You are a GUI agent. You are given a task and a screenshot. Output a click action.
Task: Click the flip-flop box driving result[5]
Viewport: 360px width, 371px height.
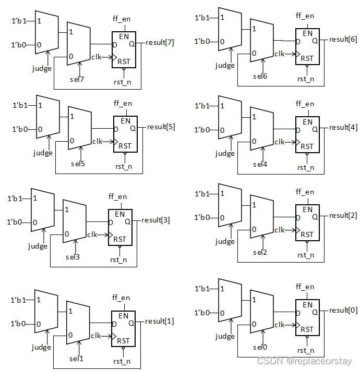(125, 134)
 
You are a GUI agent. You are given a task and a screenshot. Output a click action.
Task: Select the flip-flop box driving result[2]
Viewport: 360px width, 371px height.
(308, 222)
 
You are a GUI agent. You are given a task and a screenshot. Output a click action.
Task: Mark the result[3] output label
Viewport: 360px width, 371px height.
(155, 220)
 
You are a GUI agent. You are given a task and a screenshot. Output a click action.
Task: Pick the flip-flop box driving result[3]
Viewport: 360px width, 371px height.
(120, 227)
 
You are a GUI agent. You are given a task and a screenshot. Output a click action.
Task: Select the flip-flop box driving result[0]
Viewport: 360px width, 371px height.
(308, 317)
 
